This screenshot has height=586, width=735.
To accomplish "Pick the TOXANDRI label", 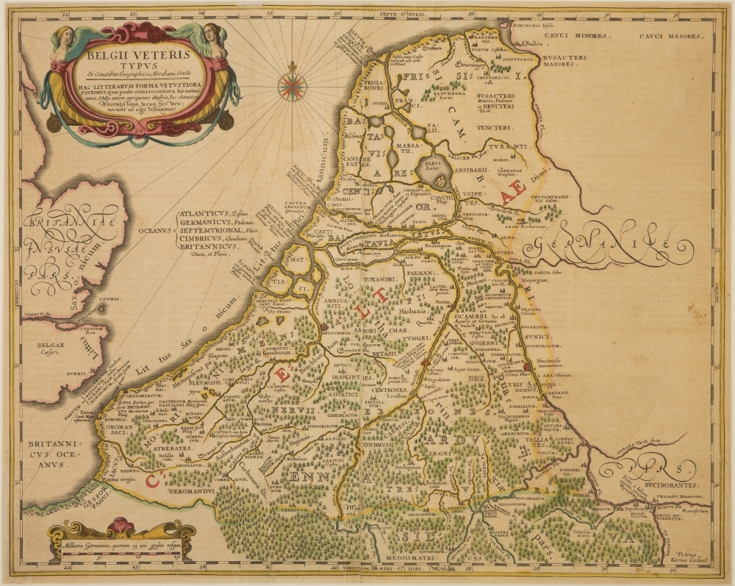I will [x=382, y=280].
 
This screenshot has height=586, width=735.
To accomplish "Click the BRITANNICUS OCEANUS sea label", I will [x=47, y=449].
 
